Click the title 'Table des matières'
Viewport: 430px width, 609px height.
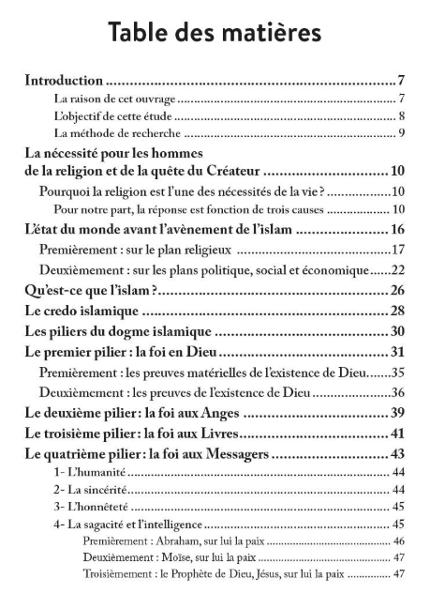215,31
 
